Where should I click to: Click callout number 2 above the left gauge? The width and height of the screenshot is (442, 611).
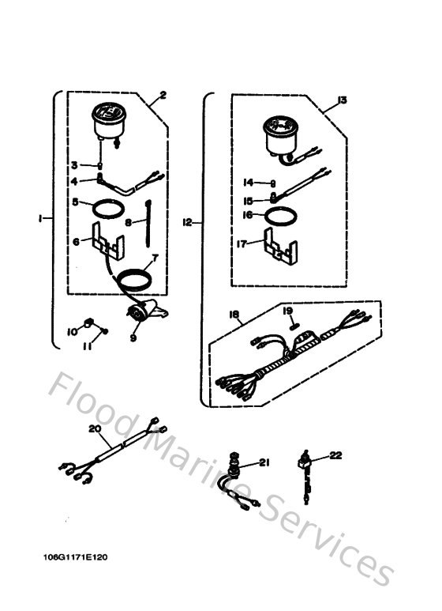pyautogui.click(x=162, y=96)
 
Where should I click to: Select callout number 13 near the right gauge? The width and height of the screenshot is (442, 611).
pyautogui.click(x=342, y=100)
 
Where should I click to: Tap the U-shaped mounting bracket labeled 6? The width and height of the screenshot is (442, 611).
pyautogui.click(x=108, y=241)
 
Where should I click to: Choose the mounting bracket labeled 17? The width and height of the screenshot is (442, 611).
pyautogui.click(x=279, y=247)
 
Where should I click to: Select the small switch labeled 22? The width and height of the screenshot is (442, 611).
pyautogui.click(x=305, y=466)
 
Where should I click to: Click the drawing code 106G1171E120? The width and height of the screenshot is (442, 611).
pyautogui.click(x=76, y=557)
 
